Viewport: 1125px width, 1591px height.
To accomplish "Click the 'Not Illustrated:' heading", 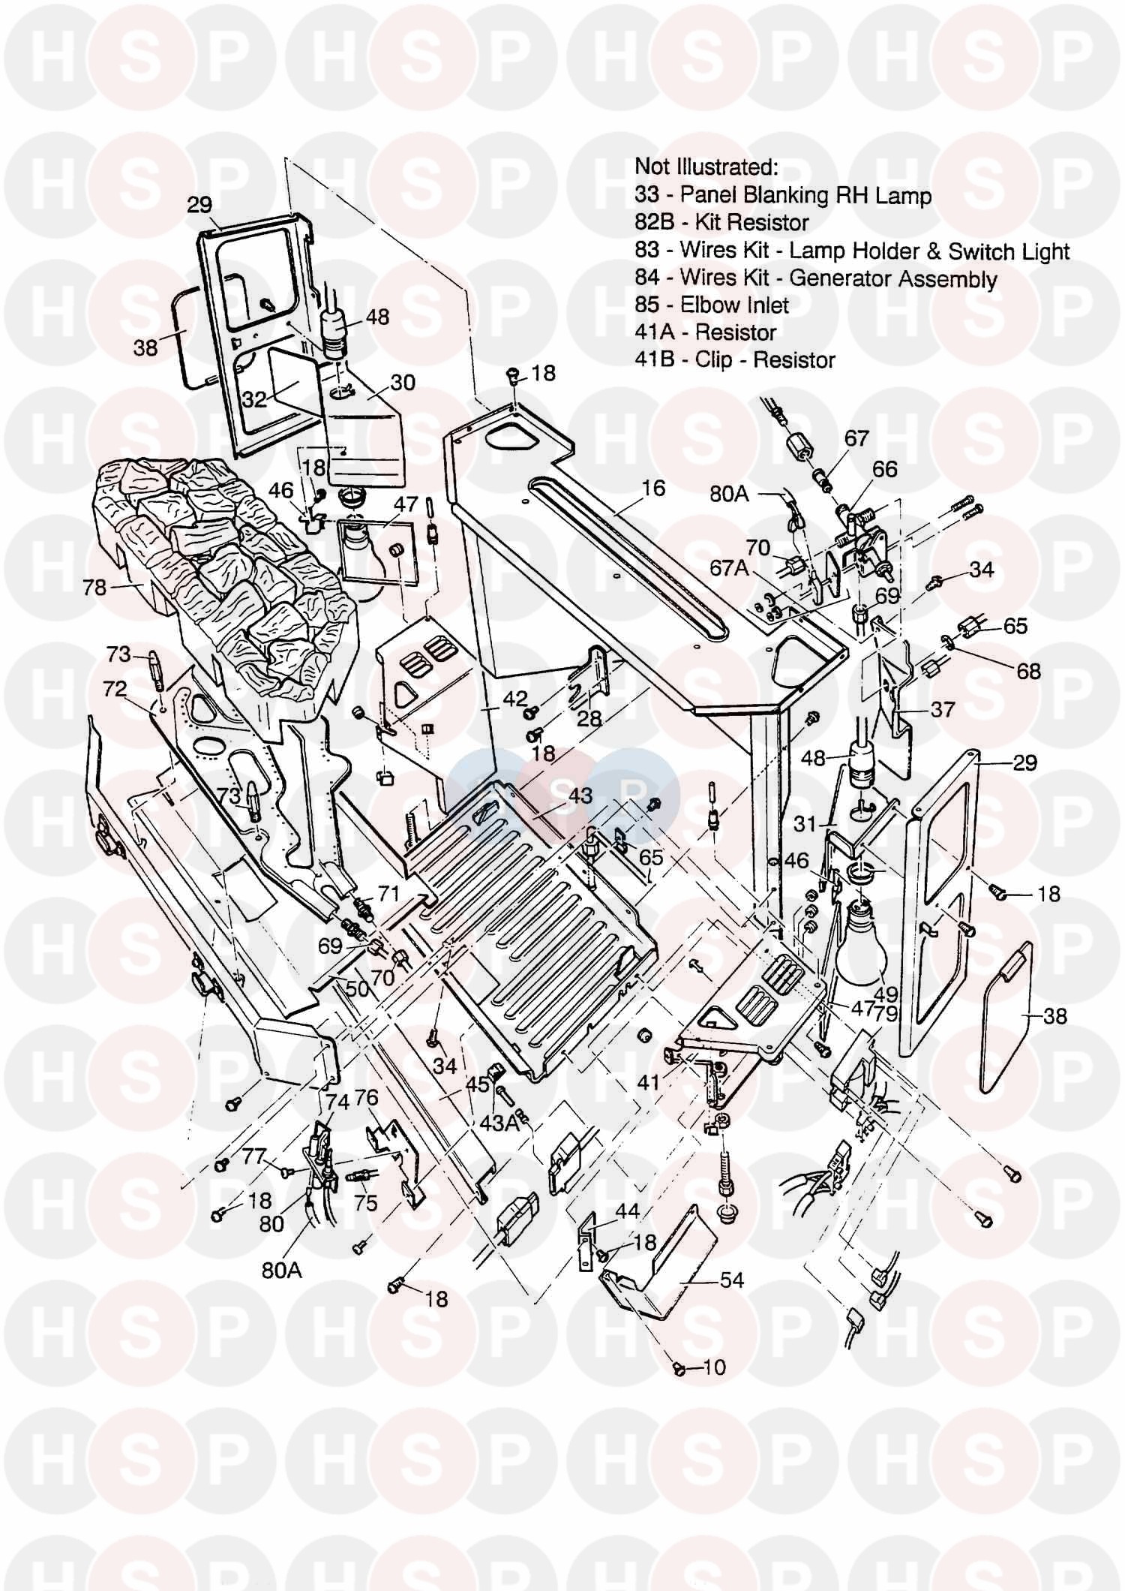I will (706, 166).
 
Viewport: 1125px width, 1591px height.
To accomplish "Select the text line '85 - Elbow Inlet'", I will (712, 305).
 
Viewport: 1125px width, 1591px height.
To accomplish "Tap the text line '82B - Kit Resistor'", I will (721, 222).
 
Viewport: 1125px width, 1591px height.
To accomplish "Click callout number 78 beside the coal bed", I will (94, 587).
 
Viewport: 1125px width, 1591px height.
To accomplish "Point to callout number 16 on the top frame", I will (653, 489).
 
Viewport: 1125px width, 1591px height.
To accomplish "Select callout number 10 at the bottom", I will (715, 1367).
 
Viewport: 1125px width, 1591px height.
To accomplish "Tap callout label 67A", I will (730, 568).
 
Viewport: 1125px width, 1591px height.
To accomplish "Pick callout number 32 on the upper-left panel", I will (254, 399).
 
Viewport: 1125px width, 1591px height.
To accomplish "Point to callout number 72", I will (114, 689).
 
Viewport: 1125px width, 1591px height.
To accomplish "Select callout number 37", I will (942, 709).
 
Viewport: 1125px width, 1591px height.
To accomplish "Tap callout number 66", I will (885, 469).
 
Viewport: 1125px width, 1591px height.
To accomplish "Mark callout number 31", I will (805, 824).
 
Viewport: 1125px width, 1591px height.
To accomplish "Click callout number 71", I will (388, 894).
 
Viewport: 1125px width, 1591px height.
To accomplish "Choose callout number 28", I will (589, 718).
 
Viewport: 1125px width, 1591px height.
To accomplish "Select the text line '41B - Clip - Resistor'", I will (734, 359).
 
